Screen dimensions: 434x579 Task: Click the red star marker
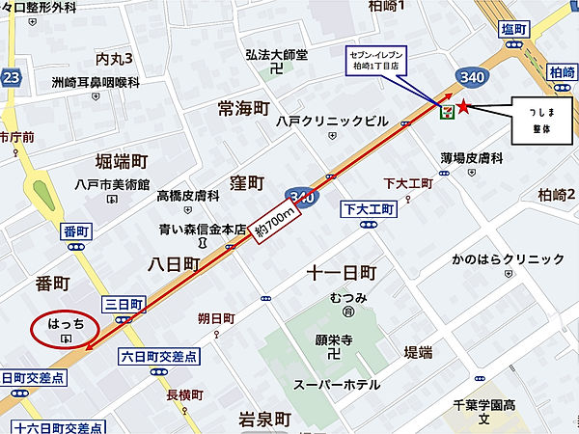point(464,107)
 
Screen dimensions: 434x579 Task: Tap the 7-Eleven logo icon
point(446,112)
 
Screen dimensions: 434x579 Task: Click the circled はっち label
point(66,327)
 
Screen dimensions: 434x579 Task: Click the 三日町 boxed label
point(124,305)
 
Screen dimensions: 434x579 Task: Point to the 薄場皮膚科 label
point(473,157)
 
